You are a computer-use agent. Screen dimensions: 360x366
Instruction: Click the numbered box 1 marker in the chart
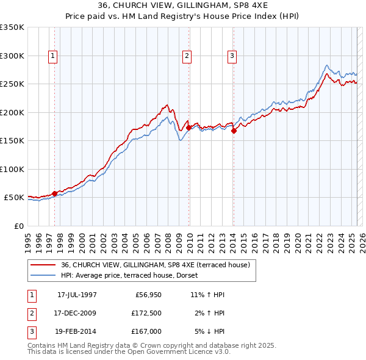point(54,56)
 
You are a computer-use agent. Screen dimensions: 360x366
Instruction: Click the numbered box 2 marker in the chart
point(187,56)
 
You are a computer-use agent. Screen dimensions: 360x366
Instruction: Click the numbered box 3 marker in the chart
point(232,56)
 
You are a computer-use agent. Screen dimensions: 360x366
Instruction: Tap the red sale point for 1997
point(54,193)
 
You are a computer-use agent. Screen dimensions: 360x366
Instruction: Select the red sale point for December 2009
point(189,128)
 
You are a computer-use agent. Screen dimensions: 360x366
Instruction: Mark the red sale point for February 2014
point(234,131)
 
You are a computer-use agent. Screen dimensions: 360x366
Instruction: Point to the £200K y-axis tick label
point(12,112)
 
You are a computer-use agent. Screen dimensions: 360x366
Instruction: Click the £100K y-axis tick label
point(12,169)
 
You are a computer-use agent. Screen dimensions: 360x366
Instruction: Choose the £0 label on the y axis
point(18,226)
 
